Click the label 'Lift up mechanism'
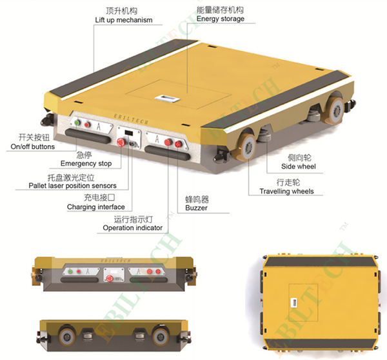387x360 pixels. coord(124,20)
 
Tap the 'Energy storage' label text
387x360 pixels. coord(221,19)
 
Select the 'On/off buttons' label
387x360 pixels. coord(33,146)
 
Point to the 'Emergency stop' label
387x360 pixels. coord(86,163)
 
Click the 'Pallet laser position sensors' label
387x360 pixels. coord(72,186)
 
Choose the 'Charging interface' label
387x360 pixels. coord(95,207)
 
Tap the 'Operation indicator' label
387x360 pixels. coord(132,228)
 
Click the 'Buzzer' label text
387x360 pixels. coord(196,208)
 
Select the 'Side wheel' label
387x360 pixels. coord(299,166)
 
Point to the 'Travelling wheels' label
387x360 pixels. coord(286,192)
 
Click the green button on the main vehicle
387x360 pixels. coord(77,123)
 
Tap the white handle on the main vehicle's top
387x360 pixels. coord(167,98)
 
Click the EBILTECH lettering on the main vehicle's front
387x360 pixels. coord(131,119)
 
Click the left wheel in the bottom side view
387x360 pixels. coord(67,335)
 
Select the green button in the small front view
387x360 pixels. coord(70,272)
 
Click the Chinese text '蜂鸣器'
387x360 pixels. coord(197,199)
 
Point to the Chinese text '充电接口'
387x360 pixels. coord(99,197)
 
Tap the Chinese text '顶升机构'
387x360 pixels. coord(121,11)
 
